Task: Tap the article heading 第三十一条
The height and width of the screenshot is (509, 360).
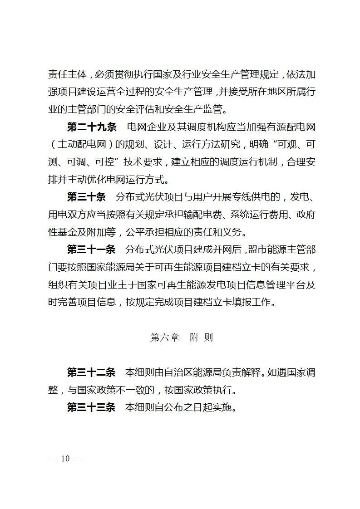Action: click(x=92, y=250)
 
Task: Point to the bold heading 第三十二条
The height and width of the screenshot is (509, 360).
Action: click(x=92, y=372)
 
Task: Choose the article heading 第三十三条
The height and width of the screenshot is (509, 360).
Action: click(x=92, y=407)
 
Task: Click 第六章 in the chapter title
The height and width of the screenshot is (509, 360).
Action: click(x=164, y=338)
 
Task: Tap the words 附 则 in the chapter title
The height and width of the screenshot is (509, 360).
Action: click(x=201, y=338)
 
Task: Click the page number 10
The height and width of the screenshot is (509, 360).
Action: click(x=65, y=458)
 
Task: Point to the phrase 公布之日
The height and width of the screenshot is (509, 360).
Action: click(x=184, y=407)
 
